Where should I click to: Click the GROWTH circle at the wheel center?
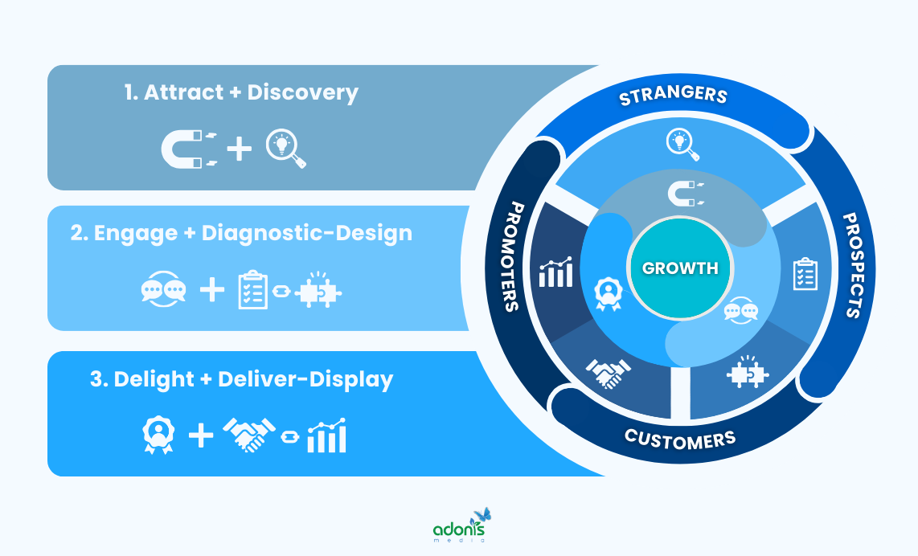point(680,268)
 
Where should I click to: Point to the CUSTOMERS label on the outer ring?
point(680,439)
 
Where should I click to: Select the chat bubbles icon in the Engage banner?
point(163,290)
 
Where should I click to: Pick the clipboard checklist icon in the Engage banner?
point(253,291)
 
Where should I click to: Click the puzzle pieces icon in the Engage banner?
point(318,291)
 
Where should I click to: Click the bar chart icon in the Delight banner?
point(327,436)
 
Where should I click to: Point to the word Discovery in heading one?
point(302,92)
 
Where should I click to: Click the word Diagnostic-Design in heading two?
point(306,233)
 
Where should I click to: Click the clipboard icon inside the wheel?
point(805,274)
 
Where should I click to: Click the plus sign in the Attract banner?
point(239,149)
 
